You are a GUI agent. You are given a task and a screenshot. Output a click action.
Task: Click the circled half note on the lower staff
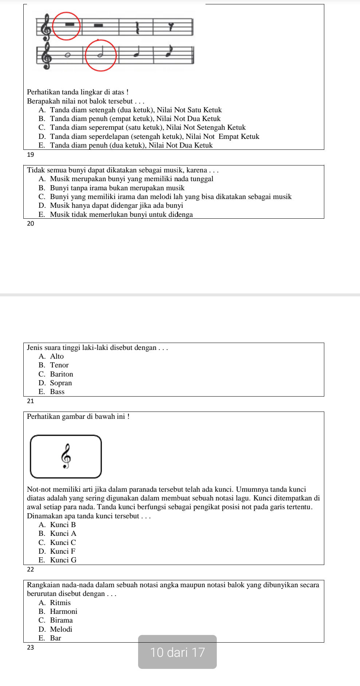[100, 55]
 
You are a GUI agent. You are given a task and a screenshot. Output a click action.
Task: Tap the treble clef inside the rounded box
[66, 456]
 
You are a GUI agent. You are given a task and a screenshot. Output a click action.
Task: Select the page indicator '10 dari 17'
[177, 652]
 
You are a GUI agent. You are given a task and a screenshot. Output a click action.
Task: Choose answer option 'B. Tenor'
[54, 365]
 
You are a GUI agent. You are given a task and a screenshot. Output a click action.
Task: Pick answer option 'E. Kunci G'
[58, 560]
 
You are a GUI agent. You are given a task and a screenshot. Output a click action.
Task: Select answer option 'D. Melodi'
[55, 629]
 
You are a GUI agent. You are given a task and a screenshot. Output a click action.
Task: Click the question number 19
[31, 155]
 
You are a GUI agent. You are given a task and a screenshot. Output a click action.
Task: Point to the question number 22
[31, 569]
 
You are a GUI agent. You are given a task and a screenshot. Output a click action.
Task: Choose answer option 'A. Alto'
[51, 356]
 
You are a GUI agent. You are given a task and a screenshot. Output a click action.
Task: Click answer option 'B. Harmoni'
[58, 611]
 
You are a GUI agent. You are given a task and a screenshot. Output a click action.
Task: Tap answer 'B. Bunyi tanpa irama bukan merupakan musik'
[111, 188]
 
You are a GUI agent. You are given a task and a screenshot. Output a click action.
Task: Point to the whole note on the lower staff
[67, 55]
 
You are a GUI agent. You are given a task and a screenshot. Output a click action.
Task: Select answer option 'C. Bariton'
[56, 374]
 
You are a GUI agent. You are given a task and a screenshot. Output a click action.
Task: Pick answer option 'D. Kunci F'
[57, 551]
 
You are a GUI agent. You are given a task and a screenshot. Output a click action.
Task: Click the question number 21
[31, 401]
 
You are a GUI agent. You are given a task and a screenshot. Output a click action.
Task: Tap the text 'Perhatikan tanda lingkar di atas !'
[78, 92]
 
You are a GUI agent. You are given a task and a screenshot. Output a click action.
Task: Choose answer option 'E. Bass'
[51, 391]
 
